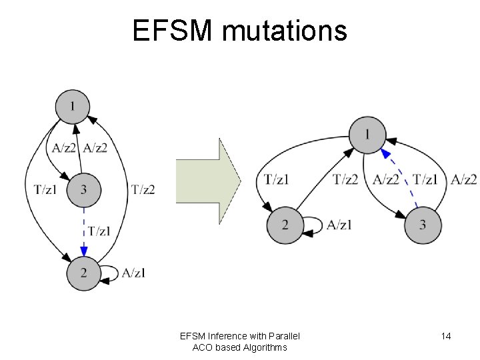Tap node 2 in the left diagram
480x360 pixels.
(84, 273)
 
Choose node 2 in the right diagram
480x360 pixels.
(285, 225)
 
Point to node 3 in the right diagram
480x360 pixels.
(423, 225)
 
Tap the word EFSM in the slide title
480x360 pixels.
(164, 30)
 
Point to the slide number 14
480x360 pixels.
(446, 336)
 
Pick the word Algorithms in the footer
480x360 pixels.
(259, 347)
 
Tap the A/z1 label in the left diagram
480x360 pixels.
(133, 273)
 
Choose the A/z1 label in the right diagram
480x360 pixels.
(339, 225)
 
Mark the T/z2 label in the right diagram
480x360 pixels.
(345, 179)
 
